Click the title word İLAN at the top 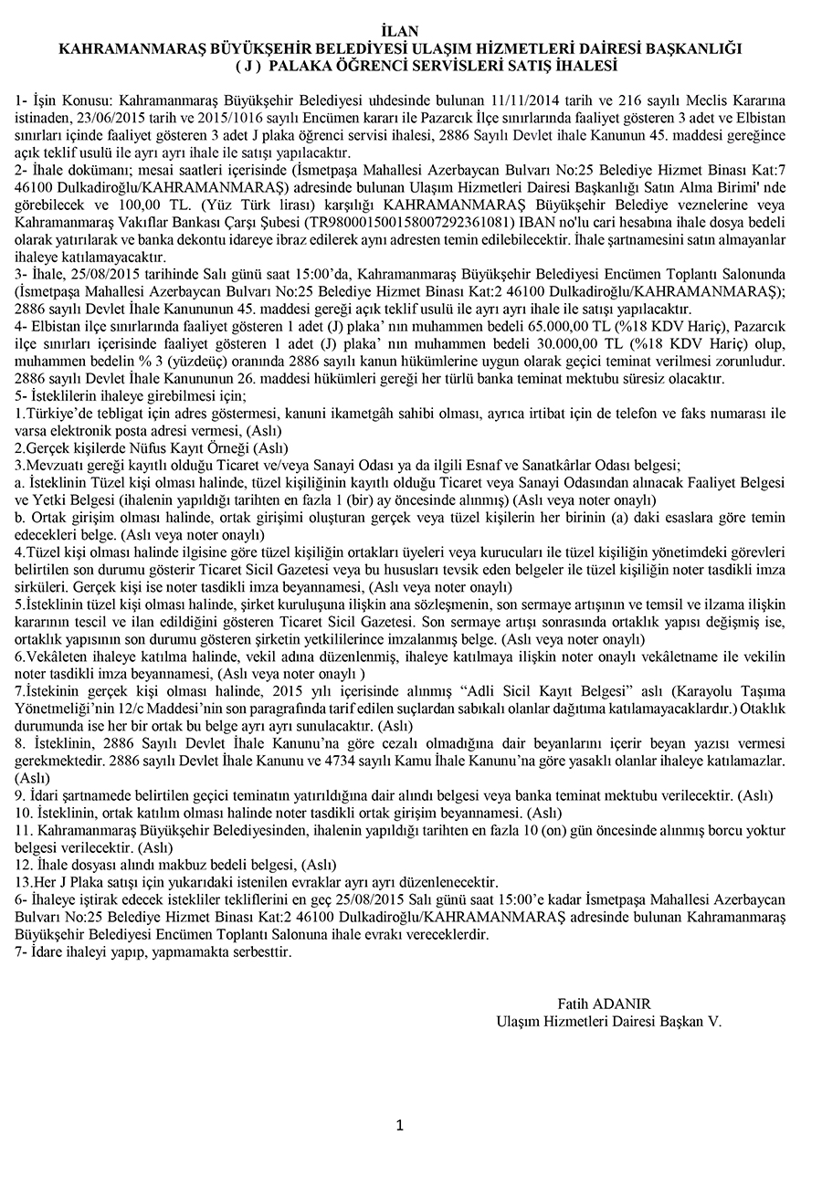[409, 31]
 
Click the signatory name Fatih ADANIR [604, 1004]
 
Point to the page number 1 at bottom [400, 1125]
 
